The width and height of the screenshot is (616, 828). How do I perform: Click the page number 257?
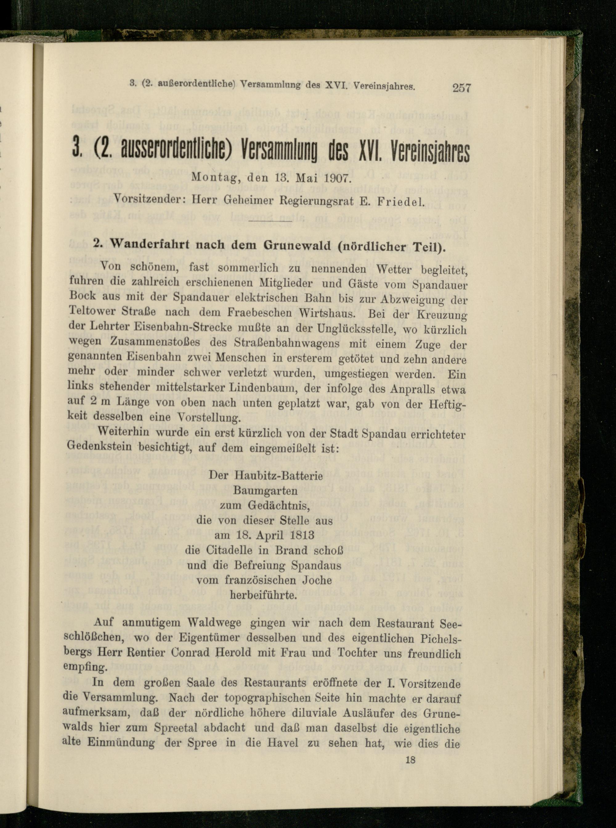[462, 88]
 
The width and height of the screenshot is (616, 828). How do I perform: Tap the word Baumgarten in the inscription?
[265, 491]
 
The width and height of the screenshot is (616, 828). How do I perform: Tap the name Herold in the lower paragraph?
[242, 653]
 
